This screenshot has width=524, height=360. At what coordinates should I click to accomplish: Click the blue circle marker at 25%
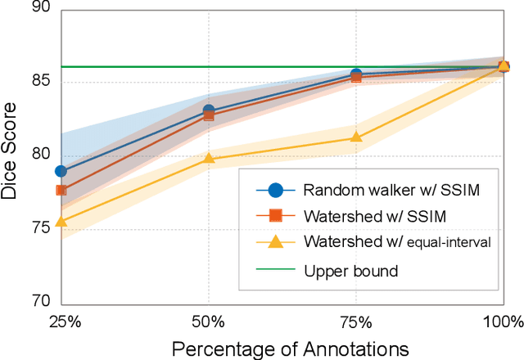click(x=61, y=171)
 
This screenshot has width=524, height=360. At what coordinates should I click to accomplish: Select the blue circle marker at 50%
click(x=208, y=110)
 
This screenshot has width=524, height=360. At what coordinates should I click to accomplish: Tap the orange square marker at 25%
click(x=61, y=190)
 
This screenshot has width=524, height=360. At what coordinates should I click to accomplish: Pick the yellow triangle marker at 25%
click(x=61, y=221)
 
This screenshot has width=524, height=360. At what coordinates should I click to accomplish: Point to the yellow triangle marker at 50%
click(x=208, y=158)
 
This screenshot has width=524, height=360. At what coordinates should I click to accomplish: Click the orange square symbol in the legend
click(x=276, y=216)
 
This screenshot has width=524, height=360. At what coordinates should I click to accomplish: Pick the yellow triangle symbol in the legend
click(x=276, y=241)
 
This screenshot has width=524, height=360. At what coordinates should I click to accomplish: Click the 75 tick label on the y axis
click(x=39, y=228)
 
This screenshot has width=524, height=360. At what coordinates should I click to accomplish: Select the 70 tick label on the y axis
click(x=39, y=301)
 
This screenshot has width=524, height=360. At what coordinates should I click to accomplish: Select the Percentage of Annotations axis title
click(x=290, y=347)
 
